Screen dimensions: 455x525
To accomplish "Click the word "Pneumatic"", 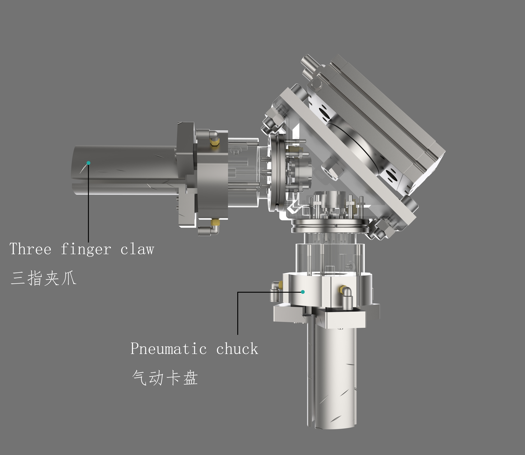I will (x=168, y=349).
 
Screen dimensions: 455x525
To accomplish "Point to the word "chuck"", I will (x=237, y=349).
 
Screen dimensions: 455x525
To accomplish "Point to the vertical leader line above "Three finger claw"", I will (x=88, y=203).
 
